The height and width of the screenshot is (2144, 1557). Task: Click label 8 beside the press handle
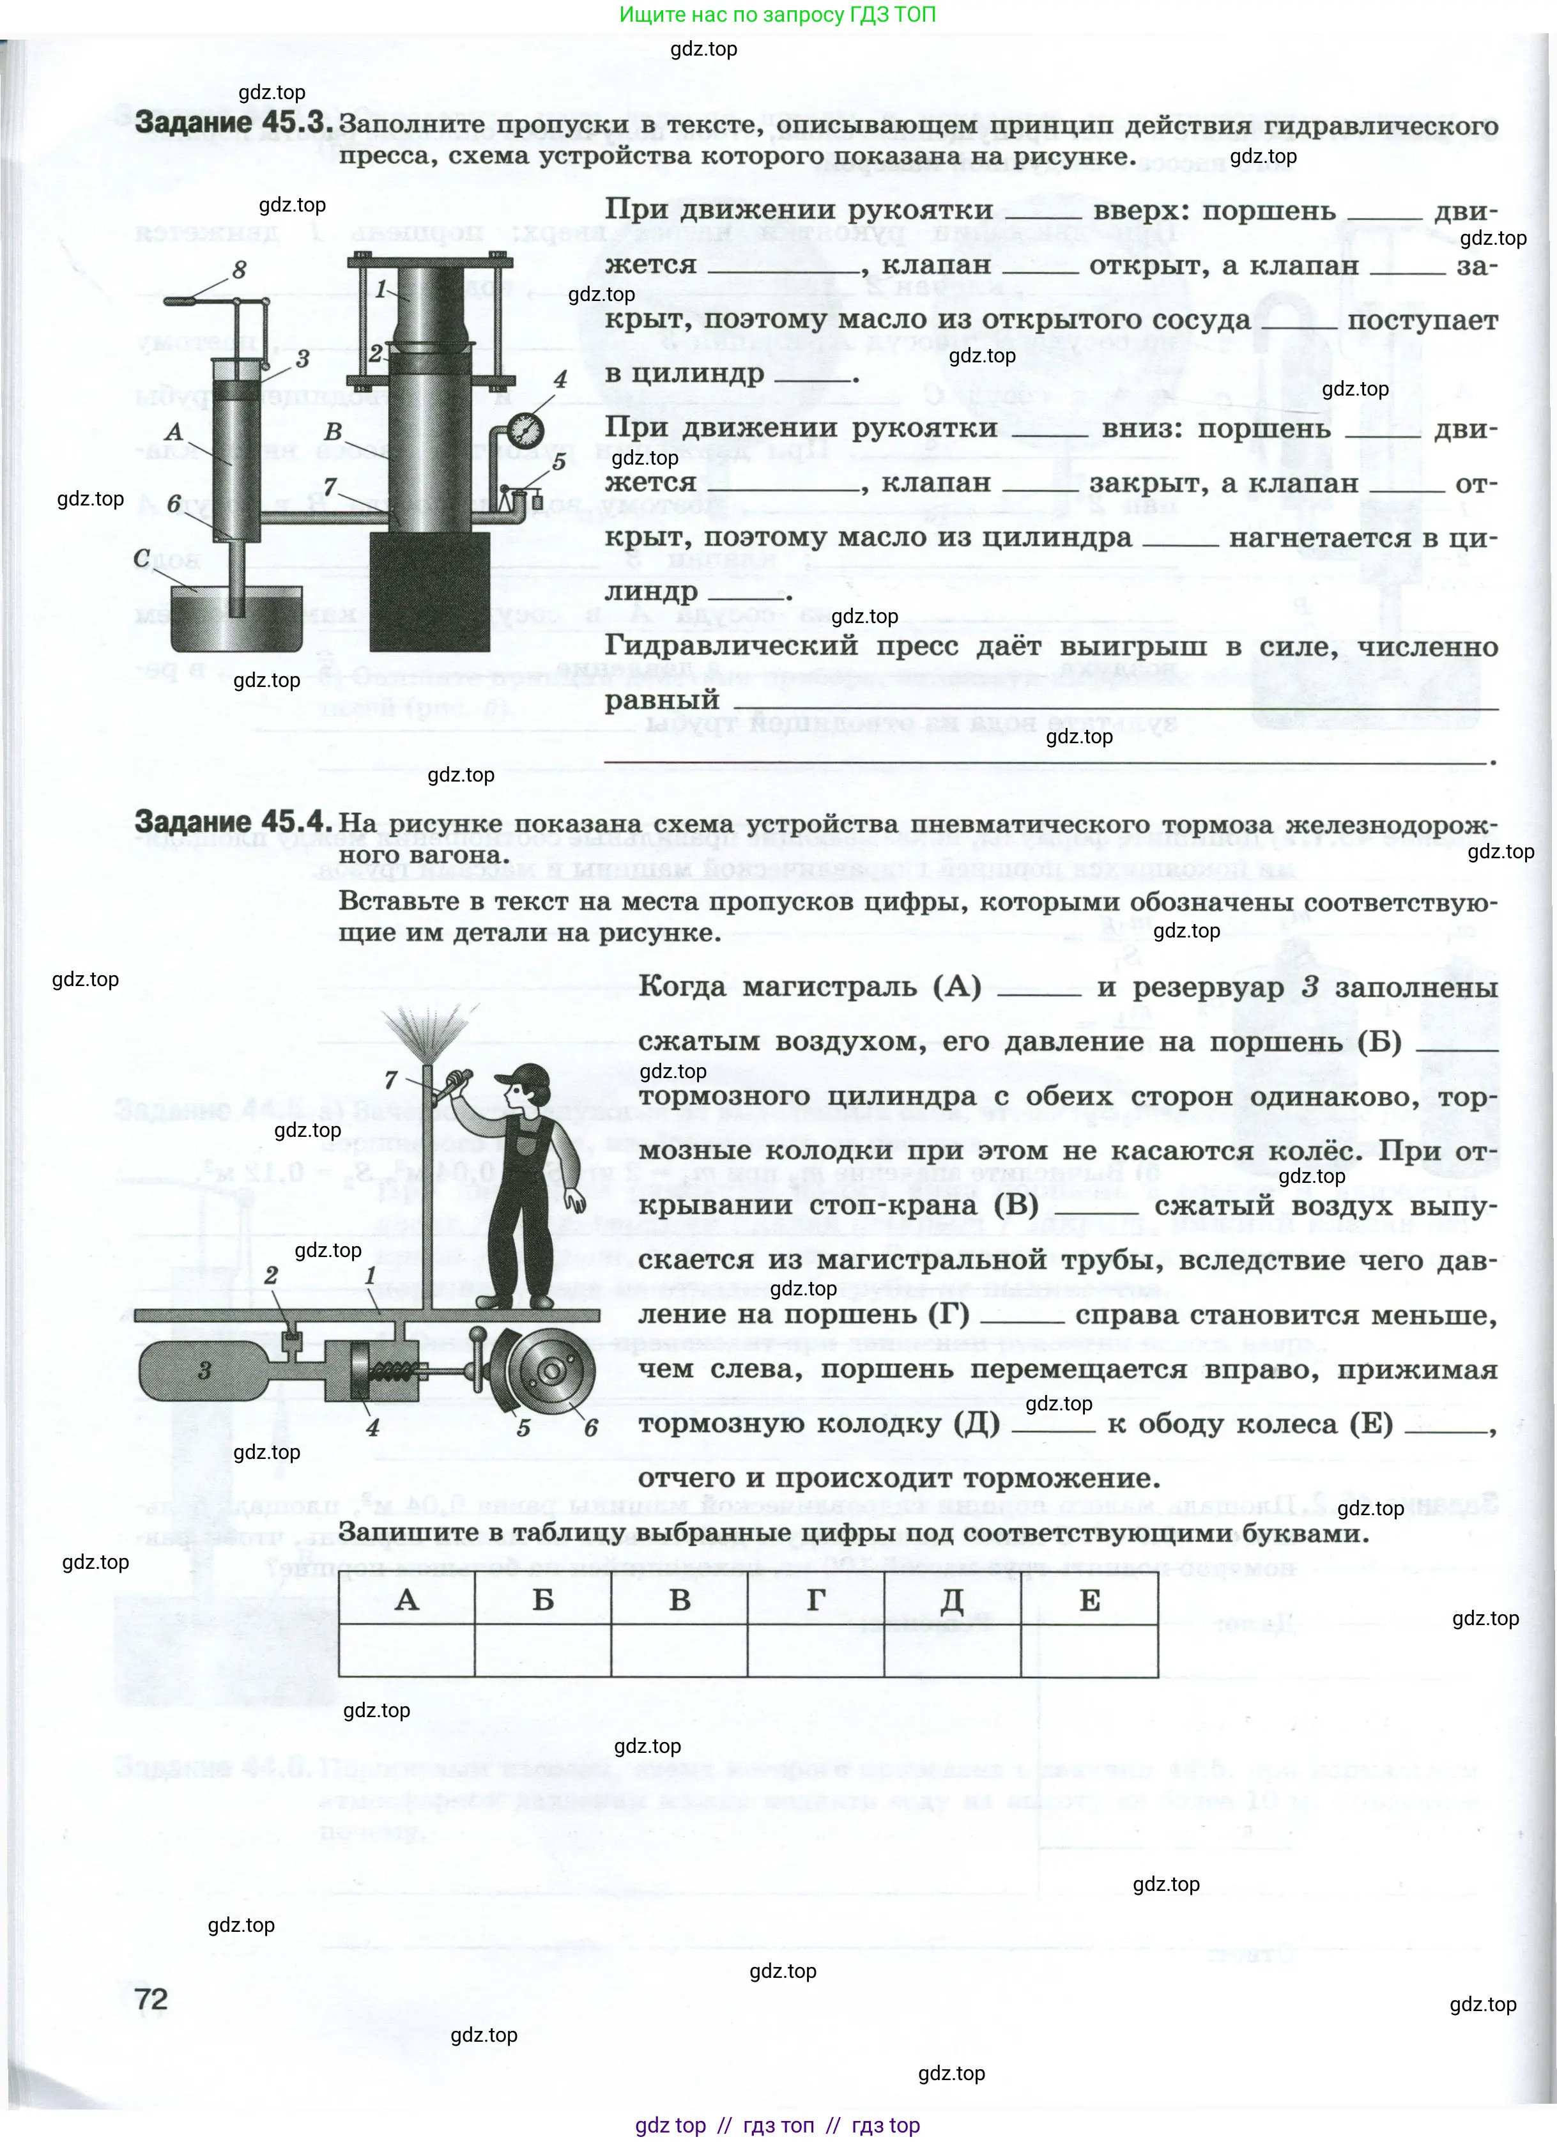[x=239, y=270]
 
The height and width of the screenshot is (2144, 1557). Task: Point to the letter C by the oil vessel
[x=142, y=558]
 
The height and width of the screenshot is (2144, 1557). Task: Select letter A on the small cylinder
[x=174, y=432]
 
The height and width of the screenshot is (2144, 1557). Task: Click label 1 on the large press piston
[x=381, y=290]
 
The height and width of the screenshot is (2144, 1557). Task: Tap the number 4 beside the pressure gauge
[x=560, y=380]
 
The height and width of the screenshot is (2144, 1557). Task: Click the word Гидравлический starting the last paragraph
[x=731, y=647]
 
